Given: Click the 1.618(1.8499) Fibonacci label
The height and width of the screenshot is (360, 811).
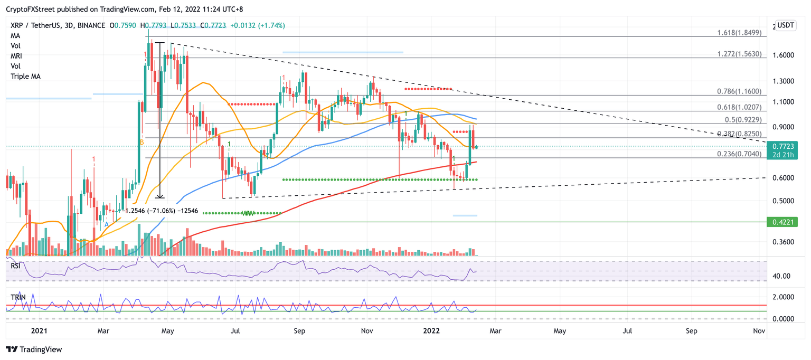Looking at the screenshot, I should point(739,33).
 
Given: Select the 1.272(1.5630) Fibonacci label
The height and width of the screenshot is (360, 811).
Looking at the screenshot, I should point(739,54).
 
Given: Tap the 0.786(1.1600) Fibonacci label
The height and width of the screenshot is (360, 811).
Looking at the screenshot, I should point(739,91).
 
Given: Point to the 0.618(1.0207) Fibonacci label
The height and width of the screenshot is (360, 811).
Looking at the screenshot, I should point(739,107).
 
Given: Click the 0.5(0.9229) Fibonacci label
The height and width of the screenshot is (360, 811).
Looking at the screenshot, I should point(742,119).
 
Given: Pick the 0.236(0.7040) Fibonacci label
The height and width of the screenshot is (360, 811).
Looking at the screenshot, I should point(739,154).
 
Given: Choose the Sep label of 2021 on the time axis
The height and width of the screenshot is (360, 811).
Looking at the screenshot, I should point(299,331).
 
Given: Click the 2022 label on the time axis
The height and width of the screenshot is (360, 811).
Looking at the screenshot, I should point(432,331).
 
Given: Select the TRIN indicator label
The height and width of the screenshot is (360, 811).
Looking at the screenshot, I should point(18,298).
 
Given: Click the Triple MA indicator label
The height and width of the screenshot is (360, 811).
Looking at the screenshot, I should point(26,77).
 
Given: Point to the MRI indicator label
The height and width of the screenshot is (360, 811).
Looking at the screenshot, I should point(16,56).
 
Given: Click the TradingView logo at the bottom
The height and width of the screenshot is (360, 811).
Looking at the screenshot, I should point(34,349).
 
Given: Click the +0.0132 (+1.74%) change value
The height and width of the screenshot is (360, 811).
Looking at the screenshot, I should point(259,25).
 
